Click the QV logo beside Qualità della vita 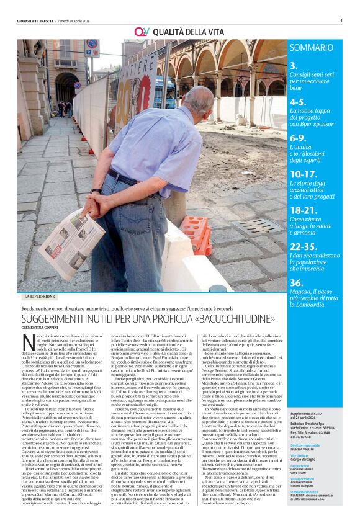coord(142,31)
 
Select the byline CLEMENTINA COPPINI coord(44,328)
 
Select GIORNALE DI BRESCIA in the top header coord(38,20)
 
